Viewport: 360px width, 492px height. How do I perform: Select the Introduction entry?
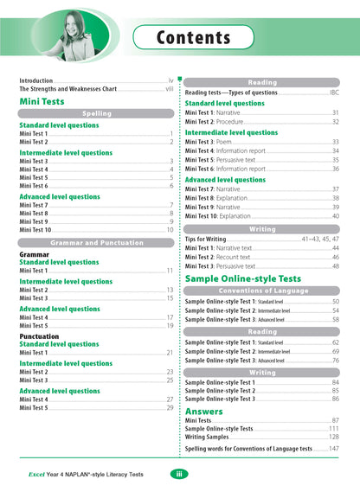[x=37, y=80]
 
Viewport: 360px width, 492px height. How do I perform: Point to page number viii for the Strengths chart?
[x=170, y=88]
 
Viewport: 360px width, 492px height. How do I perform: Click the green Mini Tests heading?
[x=42, y=101]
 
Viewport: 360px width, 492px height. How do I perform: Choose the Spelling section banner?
[x=97, y=113]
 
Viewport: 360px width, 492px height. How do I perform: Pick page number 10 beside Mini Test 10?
[x=170, y=230]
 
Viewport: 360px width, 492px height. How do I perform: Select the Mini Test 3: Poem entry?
[x=214, y=142]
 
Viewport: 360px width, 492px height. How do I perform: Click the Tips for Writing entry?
[x=206, y=238]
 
